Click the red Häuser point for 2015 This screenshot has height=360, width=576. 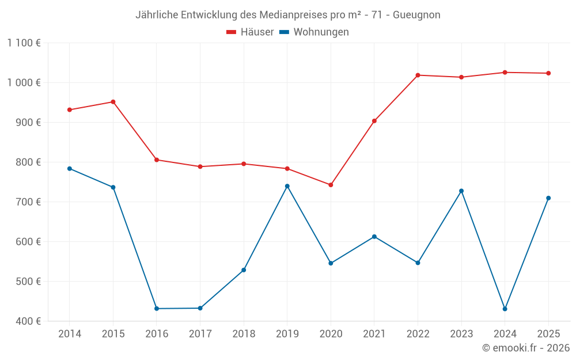pos(113,102)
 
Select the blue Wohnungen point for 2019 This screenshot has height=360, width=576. pos(287,186)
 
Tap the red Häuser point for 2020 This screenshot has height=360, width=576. pos(331,185)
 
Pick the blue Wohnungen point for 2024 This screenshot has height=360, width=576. pos(505,309)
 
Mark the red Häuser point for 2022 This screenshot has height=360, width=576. pos(418,75)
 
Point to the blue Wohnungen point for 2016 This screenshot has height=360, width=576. pos(157,309)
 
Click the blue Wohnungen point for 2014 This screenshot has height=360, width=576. pos(70,169)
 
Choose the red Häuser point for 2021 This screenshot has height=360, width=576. pos(374,121)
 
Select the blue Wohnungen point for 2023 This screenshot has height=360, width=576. pos(461,191)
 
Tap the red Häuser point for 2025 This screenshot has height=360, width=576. pos(548,73)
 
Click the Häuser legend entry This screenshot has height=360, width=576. pos(250,32)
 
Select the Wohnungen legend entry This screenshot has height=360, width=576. pos(314,32)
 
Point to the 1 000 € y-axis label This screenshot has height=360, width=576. pos(24,82)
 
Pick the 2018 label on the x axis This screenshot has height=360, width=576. pos(244,334)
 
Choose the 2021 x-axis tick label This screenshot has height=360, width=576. pos(374,334)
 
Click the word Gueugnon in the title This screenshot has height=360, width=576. pos(416,15)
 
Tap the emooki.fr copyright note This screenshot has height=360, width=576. pos(525,348)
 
